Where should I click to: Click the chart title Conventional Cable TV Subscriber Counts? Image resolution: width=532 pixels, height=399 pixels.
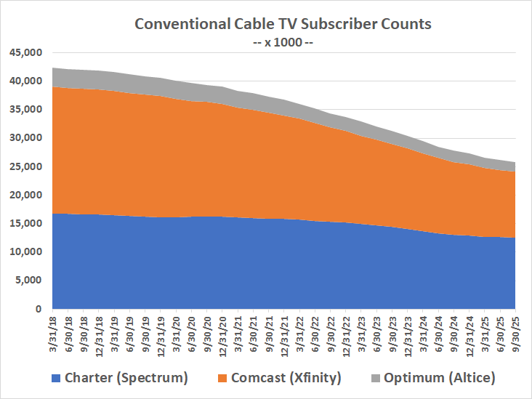283,23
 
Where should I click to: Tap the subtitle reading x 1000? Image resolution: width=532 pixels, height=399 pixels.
283,41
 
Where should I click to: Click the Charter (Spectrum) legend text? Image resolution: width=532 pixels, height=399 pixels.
126,377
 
